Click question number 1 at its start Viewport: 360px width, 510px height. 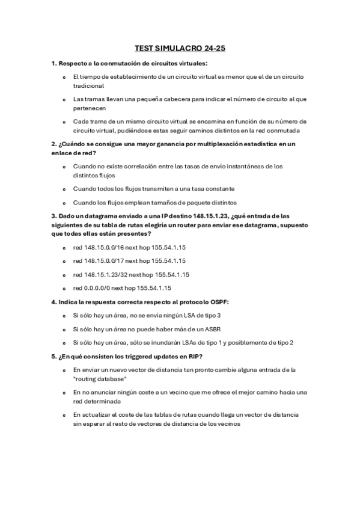(x=53, y=63)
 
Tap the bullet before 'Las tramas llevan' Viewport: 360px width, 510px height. (x=64, y=99)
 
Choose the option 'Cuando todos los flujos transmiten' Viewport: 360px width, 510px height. (x=153, y=188)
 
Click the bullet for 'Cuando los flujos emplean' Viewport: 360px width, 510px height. (x=64, y=202)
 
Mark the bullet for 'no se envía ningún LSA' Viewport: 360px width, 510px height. (x=64, y=315)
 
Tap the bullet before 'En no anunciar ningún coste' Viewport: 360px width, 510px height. (x=64, y=392)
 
